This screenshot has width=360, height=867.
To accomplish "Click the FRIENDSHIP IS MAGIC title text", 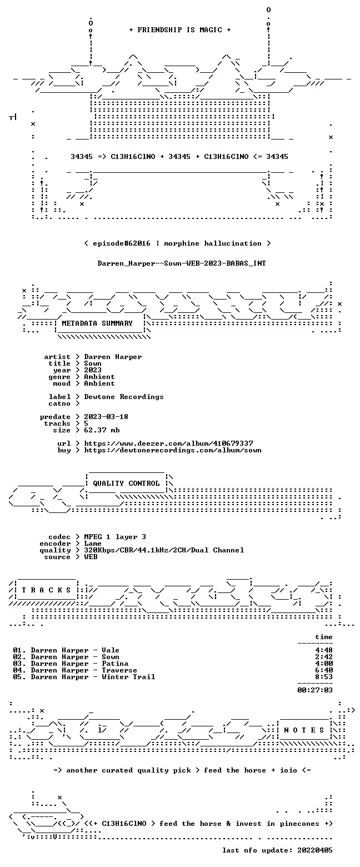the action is point(180,30).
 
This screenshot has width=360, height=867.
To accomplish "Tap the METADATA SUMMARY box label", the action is point(97,323).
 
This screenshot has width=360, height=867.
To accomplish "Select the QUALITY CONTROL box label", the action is point(126,484).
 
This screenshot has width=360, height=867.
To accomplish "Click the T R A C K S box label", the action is point(47,590).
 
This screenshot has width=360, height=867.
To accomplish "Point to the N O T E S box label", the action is point(304,730).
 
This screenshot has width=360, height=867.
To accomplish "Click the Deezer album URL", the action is point(169,444).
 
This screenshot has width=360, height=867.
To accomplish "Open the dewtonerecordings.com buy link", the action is point(173,450).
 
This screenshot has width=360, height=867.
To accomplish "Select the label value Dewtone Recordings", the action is point(124,397).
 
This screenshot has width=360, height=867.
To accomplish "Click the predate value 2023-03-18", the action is point(106,417).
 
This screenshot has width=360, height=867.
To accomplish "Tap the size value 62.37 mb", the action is point(102,430).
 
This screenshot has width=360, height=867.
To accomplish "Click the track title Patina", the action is point(115,664).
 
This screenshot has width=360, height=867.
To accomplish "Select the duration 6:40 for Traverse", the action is point(324,670).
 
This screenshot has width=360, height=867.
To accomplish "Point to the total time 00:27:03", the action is point(315,690).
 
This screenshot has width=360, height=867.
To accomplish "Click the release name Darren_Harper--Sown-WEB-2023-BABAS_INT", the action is point(182,263).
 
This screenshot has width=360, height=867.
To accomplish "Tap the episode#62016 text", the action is point(122,243).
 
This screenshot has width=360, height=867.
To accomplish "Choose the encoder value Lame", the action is point(93,544).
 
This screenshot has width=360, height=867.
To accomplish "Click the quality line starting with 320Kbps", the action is point(164,550).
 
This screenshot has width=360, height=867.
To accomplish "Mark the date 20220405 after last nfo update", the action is point(315,850).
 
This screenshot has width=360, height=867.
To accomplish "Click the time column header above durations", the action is point(324,637).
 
